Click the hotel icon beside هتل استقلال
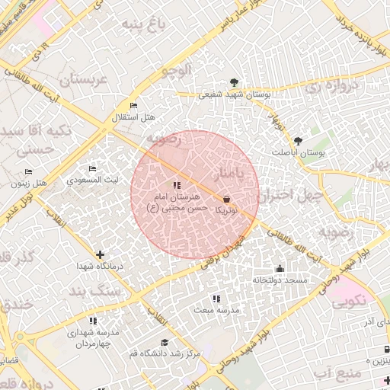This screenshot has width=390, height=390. click(134, 105)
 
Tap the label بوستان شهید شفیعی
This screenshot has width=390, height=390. click(235, 94)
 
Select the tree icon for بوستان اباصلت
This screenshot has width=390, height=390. click(298, 141)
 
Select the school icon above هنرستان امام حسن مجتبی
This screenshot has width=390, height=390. click(177, 185)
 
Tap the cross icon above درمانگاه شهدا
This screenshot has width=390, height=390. click(100, 254)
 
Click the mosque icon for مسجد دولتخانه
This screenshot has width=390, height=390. click(280, 269)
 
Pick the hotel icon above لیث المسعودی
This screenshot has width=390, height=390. click(92, 169)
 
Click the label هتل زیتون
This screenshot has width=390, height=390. click(29, 184)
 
